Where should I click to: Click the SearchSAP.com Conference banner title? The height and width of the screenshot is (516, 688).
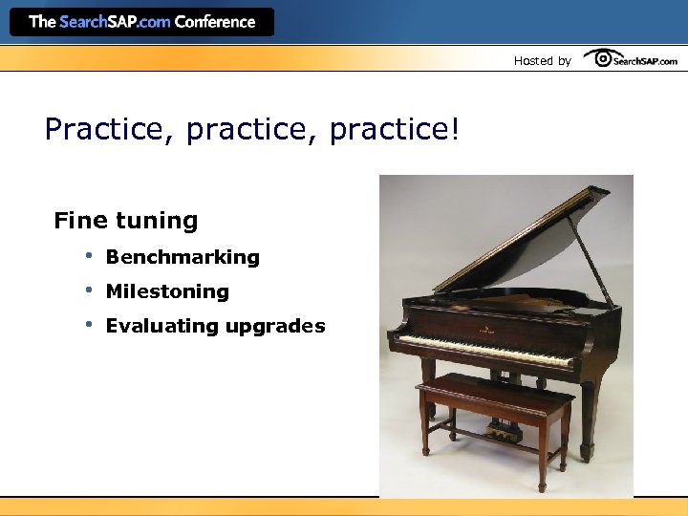pyautogui.click(x=141, y=22)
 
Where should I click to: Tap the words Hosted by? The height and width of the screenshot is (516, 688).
pyautogui.click(x=542, y=61)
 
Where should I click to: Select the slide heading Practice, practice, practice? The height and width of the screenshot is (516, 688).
pyautogui.click(x=252, y=129)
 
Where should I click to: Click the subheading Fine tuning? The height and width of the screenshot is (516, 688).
pyautogui.click(x=126, y=221)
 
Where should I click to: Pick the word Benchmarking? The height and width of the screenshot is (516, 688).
pyautogui.click(x=183, y=257)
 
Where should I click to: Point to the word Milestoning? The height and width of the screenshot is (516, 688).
pyautogui.click(x=167, y=291)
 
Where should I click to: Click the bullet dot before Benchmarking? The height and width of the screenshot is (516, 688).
pyautogui.click(x=86, y=255)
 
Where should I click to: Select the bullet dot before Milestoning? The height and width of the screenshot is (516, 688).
pyautogui.click(x=86, y=290)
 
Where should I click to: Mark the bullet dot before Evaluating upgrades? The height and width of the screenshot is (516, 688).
pyautogui.click(x=86, y=324)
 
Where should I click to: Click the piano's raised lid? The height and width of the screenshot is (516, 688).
pyautogui.click(x=521, y=239)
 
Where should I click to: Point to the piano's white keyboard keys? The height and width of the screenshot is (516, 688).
pyautogui.click(x=478, y=349)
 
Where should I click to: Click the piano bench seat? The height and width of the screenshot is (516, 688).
pyautogui.click(x=492, y=388)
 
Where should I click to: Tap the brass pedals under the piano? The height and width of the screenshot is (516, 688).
pyautogui.click(x=503, y=431)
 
